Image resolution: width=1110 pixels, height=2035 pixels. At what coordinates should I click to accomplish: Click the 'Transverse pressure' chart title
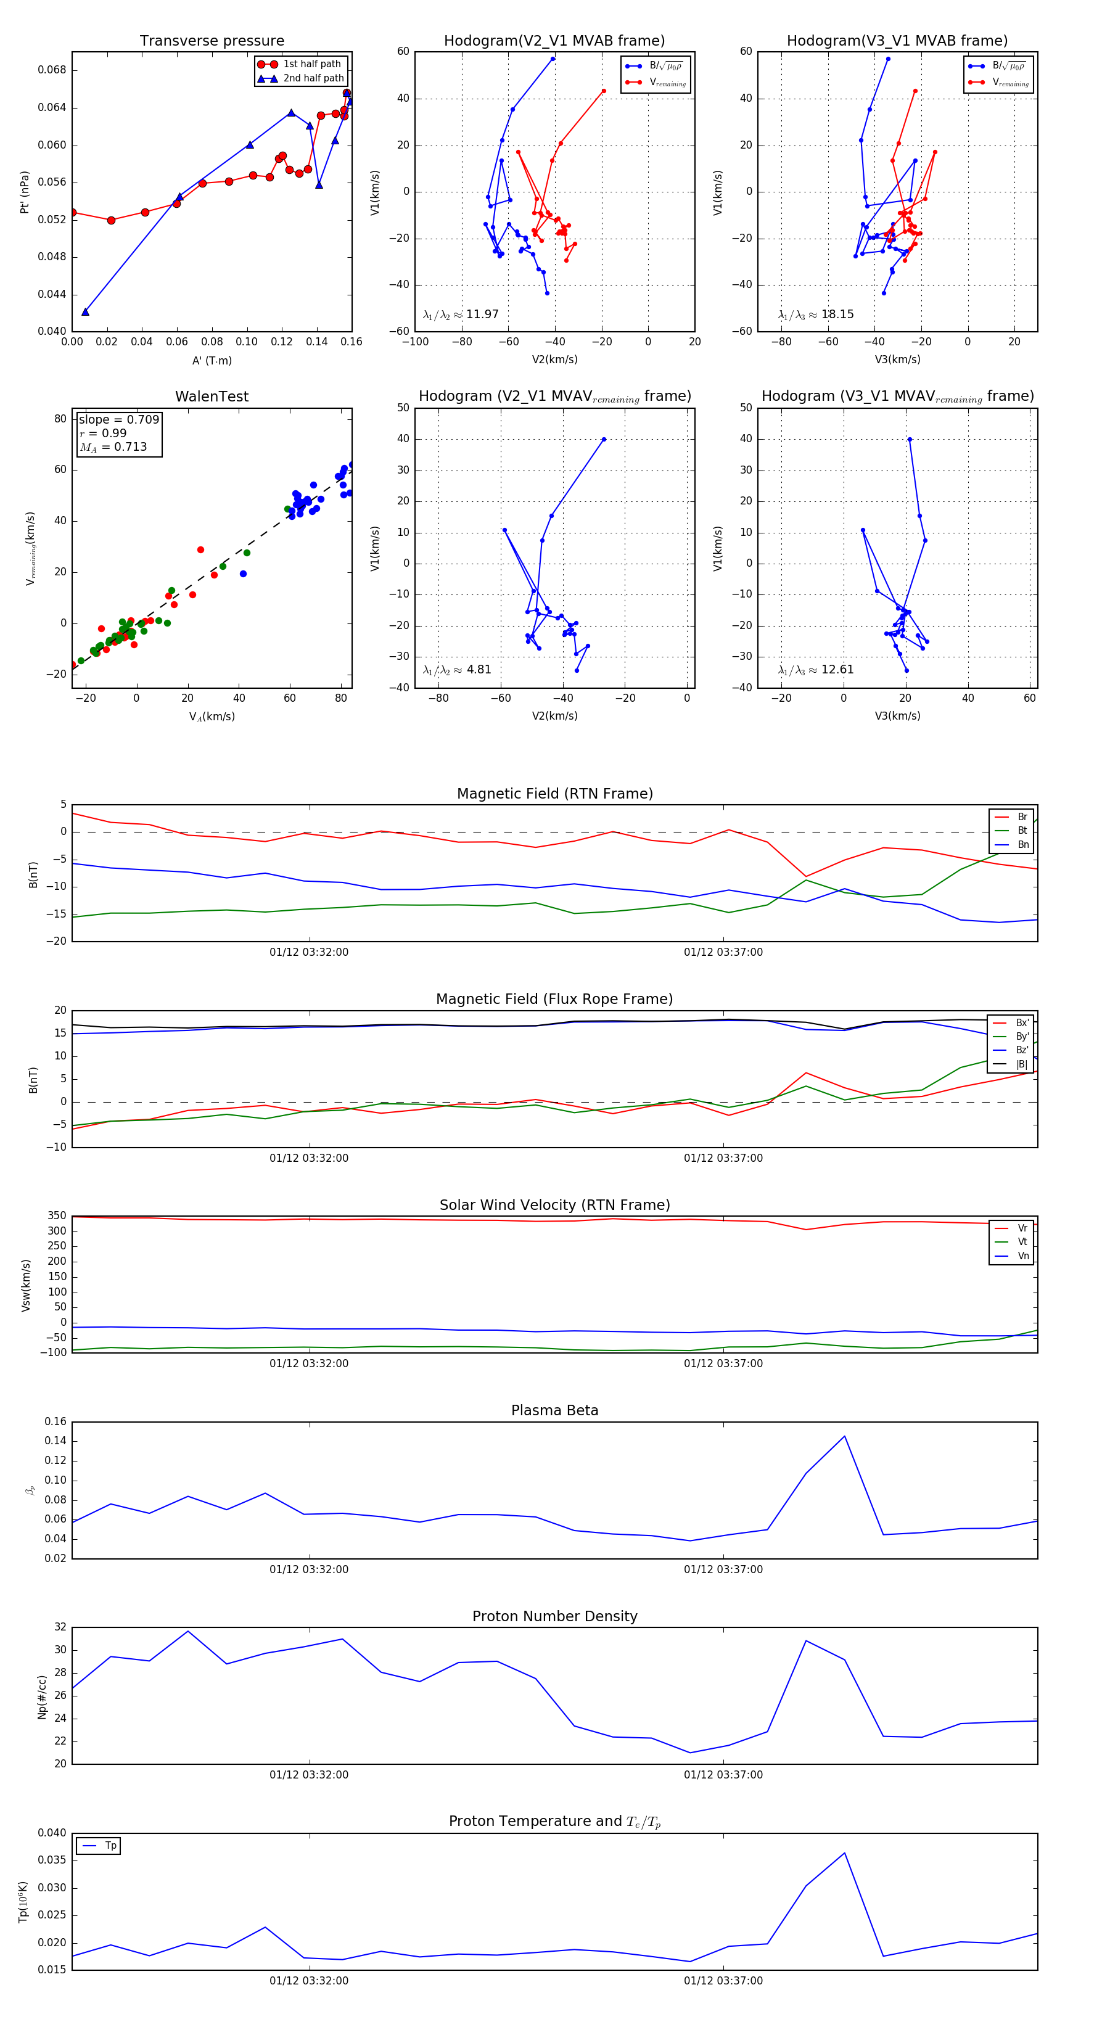click(212, 41)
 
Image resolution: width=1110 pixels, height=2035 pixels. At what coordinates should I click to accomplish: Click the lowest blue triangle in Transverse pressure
click(85, 312)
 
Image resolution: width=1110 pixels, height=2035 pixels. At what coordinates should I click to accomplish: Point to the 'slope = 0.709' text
click(118, 419)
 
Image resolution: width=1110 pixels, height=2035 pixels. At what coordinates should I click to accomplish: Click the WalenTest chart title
click(212, 397)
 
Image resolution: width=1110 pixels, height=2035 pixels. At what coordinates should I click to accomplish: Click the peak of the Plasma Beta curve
click(845, 1436)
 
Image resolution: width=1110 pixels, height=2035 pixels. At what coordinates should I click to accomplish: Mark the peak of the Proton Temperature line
click(845, 1853)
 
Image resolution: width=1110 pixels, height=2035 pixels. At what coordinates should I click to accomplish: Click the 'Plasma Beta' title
click(554, 1410)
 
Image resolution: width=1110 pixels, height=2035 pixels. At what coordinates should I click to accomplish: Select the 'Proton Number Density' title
click(554, 1616)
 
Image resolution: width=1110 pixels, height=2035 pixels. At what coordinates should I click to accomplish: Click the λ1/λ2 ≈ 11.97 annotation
click(461, 314)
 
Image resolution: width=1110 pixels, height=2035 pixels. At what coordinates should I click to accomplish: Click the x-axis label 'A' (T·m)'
click(212, 360)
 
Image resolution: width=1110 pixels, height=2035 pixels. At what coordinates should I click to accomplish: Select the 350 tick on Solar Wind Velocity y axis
click(57, 1216)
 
